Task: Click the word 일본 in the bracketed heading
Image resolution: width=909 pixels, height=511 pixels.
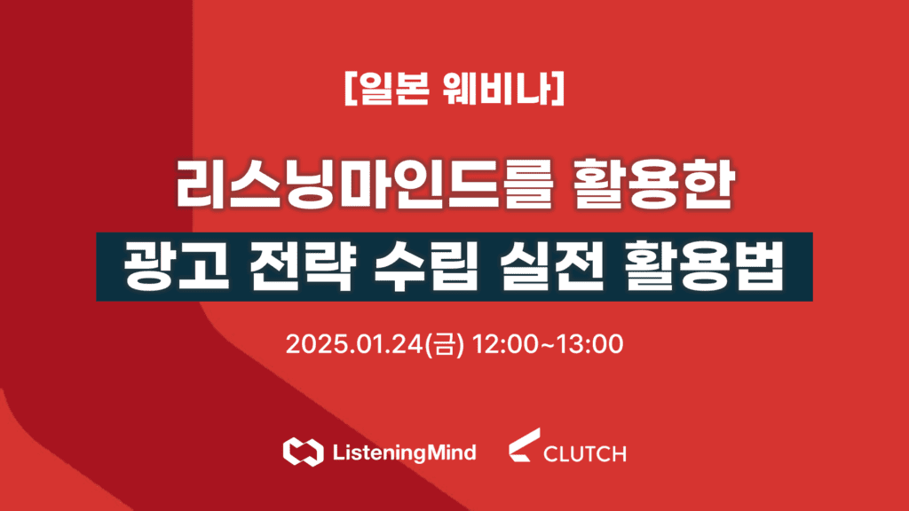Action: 393,89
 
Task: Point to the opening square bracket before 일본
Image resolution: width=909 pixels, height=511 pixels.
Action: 350,89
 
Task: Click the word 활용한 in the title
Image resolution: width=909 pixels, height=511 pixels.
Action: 653,185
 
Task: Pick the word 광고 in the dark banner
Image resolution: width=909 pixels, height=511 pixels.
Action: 177,267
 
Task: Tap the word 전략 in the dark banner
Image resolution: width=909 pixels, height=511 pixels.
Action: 301,267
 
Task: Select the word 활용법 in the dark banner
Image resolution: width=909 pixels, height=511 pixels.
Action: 704,267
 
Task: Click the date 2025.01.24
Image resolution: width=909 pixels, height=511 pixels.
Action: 354,344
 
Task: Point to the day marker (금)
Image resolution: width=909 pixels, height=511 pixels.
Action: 445,345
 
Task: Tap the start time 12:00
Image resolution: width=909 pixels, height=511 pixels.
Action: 506,344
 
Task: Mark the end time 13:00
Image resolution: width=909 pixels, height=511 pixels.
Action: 590,344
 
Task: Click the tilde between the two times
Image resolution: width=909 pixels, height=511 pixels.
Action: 548,345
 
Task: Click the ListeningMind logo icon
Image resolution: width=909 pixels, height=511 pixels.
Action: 304,452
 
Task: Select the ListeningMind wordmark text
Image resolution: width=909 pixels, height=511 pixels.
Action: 405,452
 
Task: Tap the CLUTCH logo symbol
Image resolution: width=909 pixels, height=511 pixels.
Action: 525,445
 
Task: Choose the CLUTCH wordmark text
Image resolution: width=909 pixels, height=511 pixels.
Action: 585,453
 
